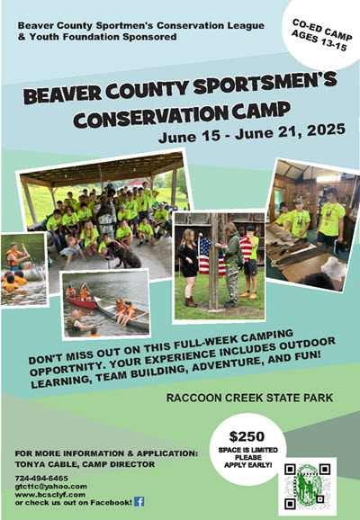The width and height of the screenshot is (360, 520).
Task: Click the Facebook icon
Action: [139, 501]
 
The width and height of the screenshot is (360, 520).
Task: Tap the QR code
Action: [308, 487]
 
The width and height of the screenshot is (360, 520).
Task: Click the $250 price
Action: [247, 436]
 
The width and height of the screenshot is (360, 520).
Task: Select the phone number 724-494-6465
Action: [41, 479]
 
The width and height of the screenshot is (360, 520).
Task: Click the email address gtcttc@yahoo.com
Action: [50, 487]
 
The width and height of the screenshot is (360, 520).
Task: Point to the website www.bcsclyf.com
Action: [50, 495]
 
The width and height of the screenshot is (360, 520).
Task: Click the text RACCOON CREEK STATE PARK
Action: [249, 398]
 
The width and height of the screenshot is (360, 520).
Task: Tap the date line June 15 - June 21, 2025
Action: [252, 133]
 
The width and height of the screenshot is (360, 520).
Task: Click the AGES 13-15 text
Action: [319, 41]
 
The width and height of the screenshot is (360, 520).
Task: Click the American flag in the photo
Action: [211, 256]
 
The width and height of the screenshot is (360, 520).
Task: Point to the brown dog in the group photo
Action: [124, 255]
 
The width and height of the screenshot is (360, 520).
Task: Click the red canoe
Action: [81, 301]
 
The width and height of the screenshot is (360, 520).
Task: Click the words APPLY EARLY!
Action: [247, 465]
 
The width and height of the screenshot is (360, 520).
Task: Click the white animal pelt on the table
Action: [333, 265]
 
